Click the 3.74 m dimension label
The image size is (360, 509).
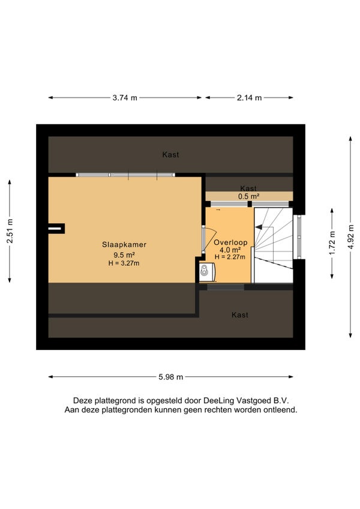click(125, 98)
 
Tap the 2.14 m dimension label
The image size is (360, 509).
click(249, 98)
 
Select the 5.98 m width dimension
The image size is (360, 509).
click(171, 377)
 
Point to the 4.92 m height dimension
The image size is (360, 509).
click(350, 237)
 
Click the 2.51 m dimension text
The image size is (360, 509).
click(10, 231)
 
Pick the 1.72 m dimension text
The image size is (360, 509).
click(332, 243)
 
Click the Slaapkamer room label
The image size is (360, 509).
click(124, 245)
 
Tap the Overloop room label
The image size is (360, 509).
click(230, 242)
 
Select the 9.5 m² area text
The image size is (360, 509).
click(124, 254)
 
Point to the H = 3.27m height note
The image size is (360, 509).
click(124, 264)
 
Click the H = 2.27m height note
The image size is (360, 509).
click(230, 257)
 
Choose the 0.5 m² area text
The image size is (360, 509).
click(248, 196)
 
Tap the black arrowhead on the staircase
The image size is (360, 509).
click(259, 227)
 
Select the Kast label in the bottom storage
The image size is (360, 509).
click(240, 315)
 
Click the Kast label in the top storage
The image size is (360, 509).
click(171, 155)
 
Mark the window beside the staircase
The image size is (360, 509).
click(299, 236)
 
